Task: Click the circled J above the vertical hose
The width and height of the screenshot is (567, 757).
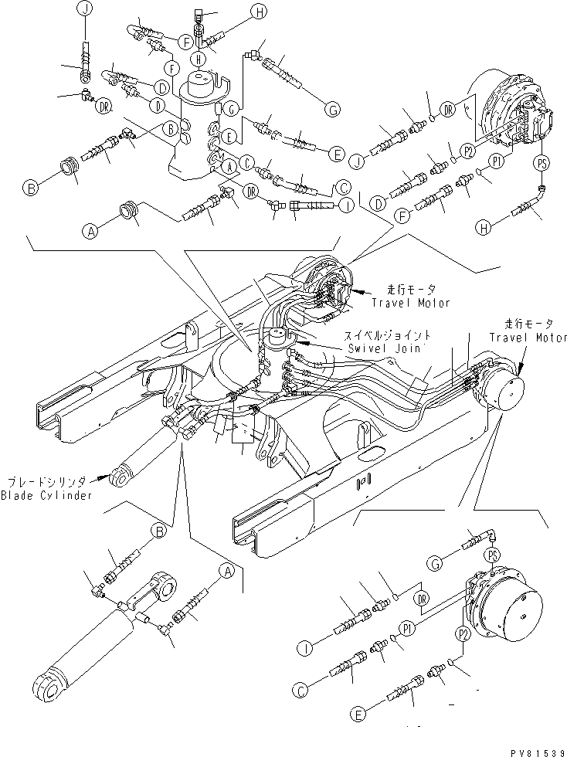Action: (x=83, y=10)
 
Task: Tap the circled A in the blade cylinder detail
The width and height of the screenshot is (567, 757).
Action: (x=226, y=571)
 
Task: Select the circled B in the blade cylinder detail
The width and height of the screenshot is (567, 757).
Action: (x=159, y=530)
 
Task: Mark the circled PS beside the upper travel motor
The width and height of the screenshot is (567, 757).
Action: (x=542, y=162)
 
